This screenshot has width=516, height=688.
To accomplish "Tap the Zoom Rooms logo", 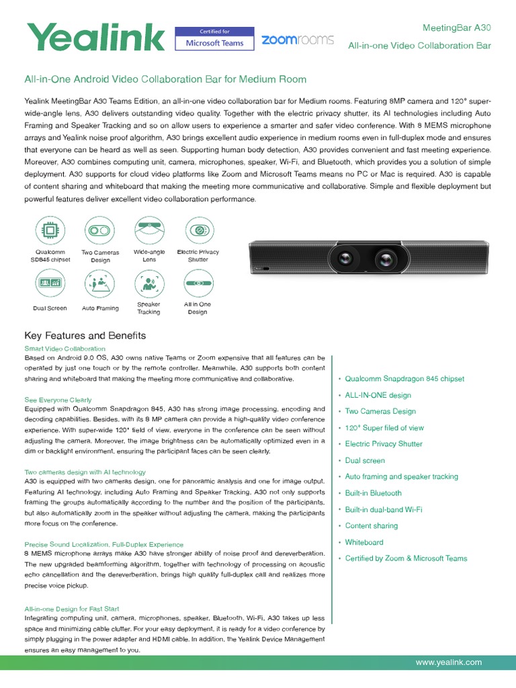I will [297, 40].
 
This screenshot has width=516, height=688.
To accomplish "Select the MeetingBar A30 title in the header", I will [456, 28].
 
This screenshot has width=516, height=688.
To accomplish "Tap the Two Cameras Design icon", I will [100, 230].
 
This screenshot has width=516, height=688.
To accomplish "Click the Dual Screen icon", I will [49, 284].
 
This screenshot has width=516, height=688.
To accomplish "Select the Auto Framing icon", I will [100, 284].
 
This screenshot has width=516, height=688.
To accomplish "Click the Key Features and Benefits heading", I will [85, 335].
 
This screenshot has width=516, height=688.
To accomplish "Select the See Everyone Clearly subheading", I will [58, 400].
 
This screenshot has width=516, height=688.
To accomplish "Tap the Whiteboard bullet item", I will [364, 542].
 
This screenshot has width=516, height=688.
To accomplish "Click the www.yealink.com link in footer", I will [449, 662].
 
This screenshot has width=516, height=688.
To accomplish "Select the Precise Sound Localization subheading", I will [103, 544].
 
